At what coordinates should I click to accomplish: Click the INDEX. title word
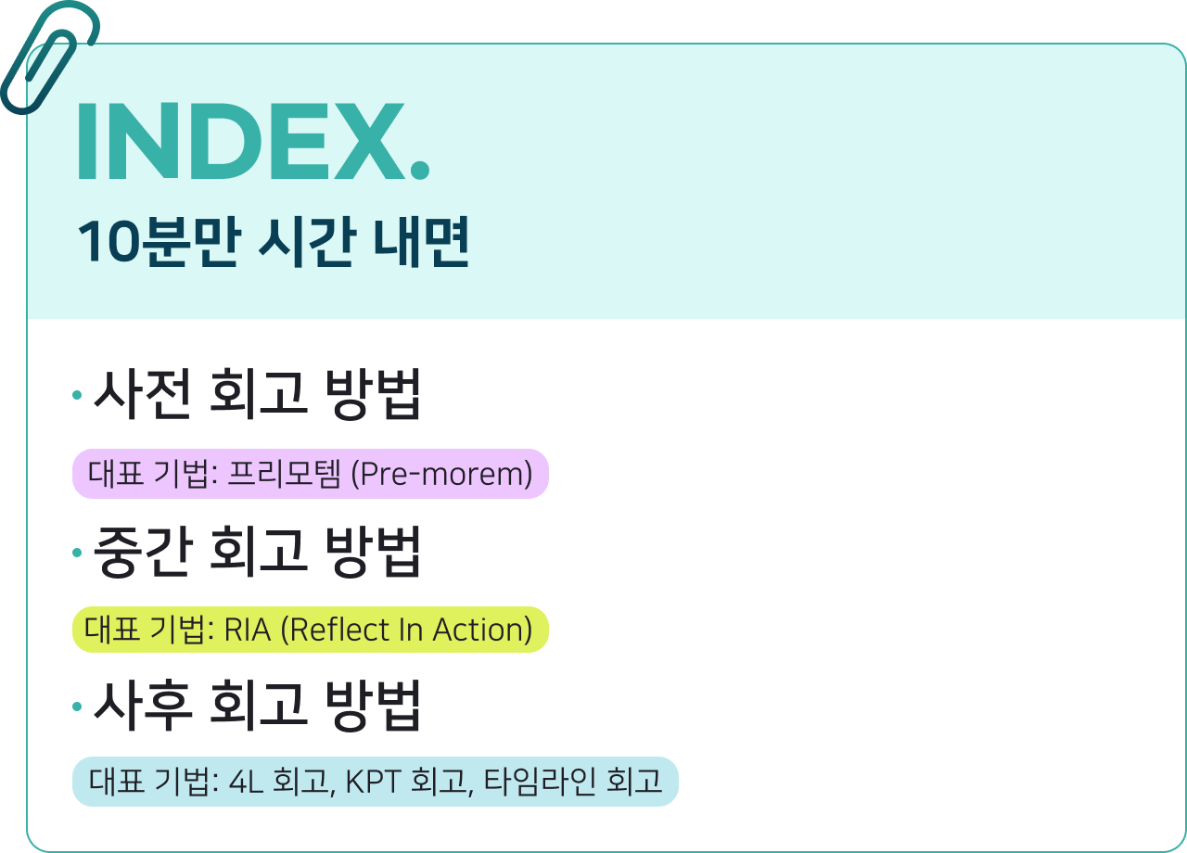[x=253, y=142]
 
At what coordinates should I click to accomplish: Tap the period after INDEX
[x=420, y=170]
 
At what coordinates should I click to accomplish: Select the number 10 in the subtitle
[x=108, y=242]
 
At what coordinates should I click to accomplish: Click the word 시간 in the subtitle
[x=307, y=242]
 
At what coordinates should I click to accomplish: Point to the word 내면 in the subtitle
[x=421, y=242]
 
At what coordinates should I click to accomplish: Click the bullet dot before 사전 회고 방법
[x=77, y=395]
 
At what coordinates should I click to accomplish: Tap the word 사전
[x=142, y=394]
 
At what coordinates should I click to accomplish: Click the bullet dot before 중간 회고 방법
[x=77, y=553]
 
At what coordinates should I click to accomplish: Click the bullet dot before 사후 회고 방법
[x=77, y=707]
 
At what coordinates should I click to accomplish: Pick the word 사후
[x=142, y=706]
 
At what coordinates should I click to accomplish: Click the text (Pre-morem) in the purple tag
[x=442, y=474]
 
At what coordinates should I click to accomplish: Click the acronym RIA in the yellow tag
[x=248, y=630]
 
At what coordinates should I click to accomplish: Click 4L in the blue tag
[x=246, y=782]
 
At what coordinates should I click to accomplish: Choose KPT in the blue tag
[x=373, y=782]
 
